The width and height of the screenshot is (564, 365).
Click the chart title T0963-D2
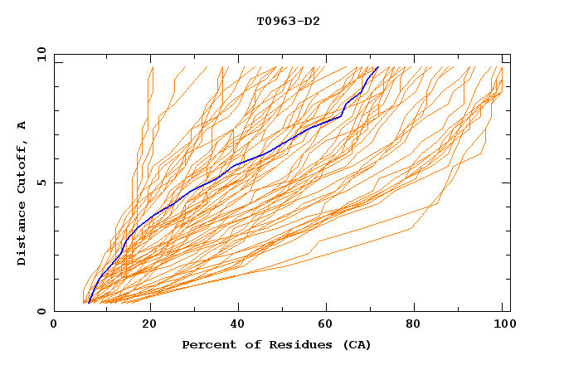(288, 21)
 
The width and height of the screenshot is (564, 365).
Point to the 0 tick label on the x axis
(54, 325)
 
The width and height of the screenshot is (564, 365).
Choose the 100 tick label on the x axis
(503, 325)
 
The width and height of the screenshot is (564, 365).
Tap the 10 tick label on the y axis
(38, 54)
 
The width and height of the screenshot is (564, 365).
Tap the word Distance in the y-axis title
(22, 236)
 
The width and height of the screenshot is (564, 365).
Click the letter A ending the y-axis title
(22, 125)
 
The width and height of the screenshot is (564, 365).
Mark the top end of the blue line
(377, 67)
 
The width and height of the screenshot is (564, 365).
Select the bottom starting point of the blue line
(89, 303)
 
